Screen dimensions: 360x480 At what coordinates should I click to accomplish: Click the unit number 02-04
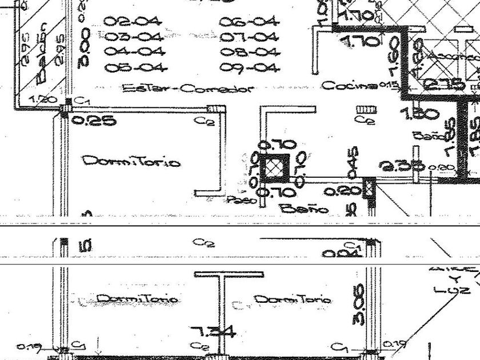pyautogui.click(x=133, y=22)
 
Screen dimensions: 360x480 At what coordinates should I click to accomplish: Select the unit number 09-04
pyautogui.click(x=250, y=68)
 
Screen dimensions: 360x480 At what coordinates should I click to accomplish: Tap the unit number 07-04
pyautogui.click(x=250, y=38)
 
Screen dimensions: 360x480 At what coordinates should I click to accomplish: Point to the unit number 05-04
pyautogui.click(x=136, y=68)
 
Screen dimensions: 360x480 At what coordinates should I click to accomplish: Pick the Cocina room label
pyautogui.click(x=349, y=86)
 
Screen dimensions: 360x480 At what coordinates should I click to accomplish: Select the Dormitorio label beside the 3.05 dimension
pyautogui.click(x=291, y=299)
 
